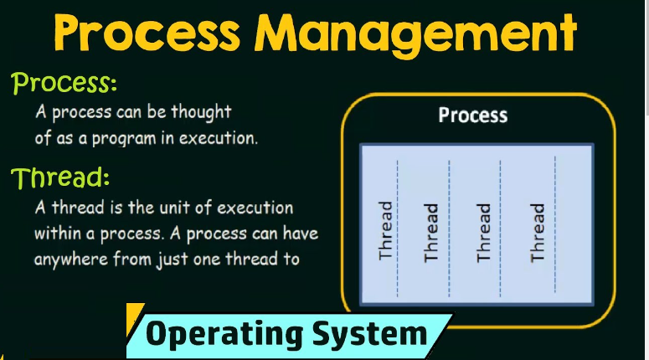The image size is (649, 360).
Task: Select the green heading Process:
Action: [x=64, y=84]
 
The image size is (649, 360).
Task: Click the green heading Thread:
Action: [x=60, y=177]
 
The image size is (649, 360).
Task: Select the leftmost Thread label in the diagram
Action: [x=386, y=230]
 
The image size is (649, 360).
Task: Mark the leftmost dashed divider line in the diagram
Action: [x=398, y=226]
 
